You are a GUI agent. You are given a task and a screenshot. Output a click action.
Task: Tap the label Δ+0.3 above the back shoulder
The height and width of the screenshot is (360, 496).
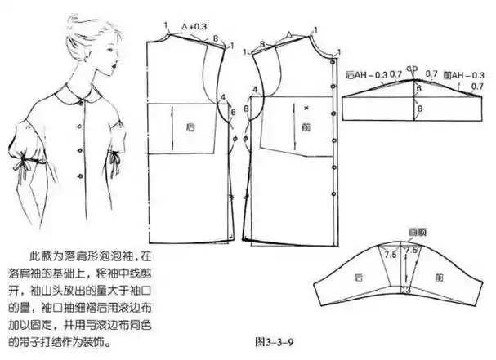click(195, 27)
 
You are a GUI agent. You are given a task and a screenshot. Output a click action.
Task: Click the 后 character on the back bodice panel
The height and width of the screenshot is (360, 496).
click(191, 127)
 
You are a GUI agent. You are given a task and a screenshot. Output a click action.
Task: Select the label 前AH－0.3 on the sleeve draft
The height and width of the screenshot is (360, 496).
click(460, 75)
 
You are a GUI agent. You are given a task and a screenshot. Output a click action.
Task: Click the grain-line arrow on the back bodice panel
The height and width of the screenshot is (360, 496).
click(172, 127)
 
